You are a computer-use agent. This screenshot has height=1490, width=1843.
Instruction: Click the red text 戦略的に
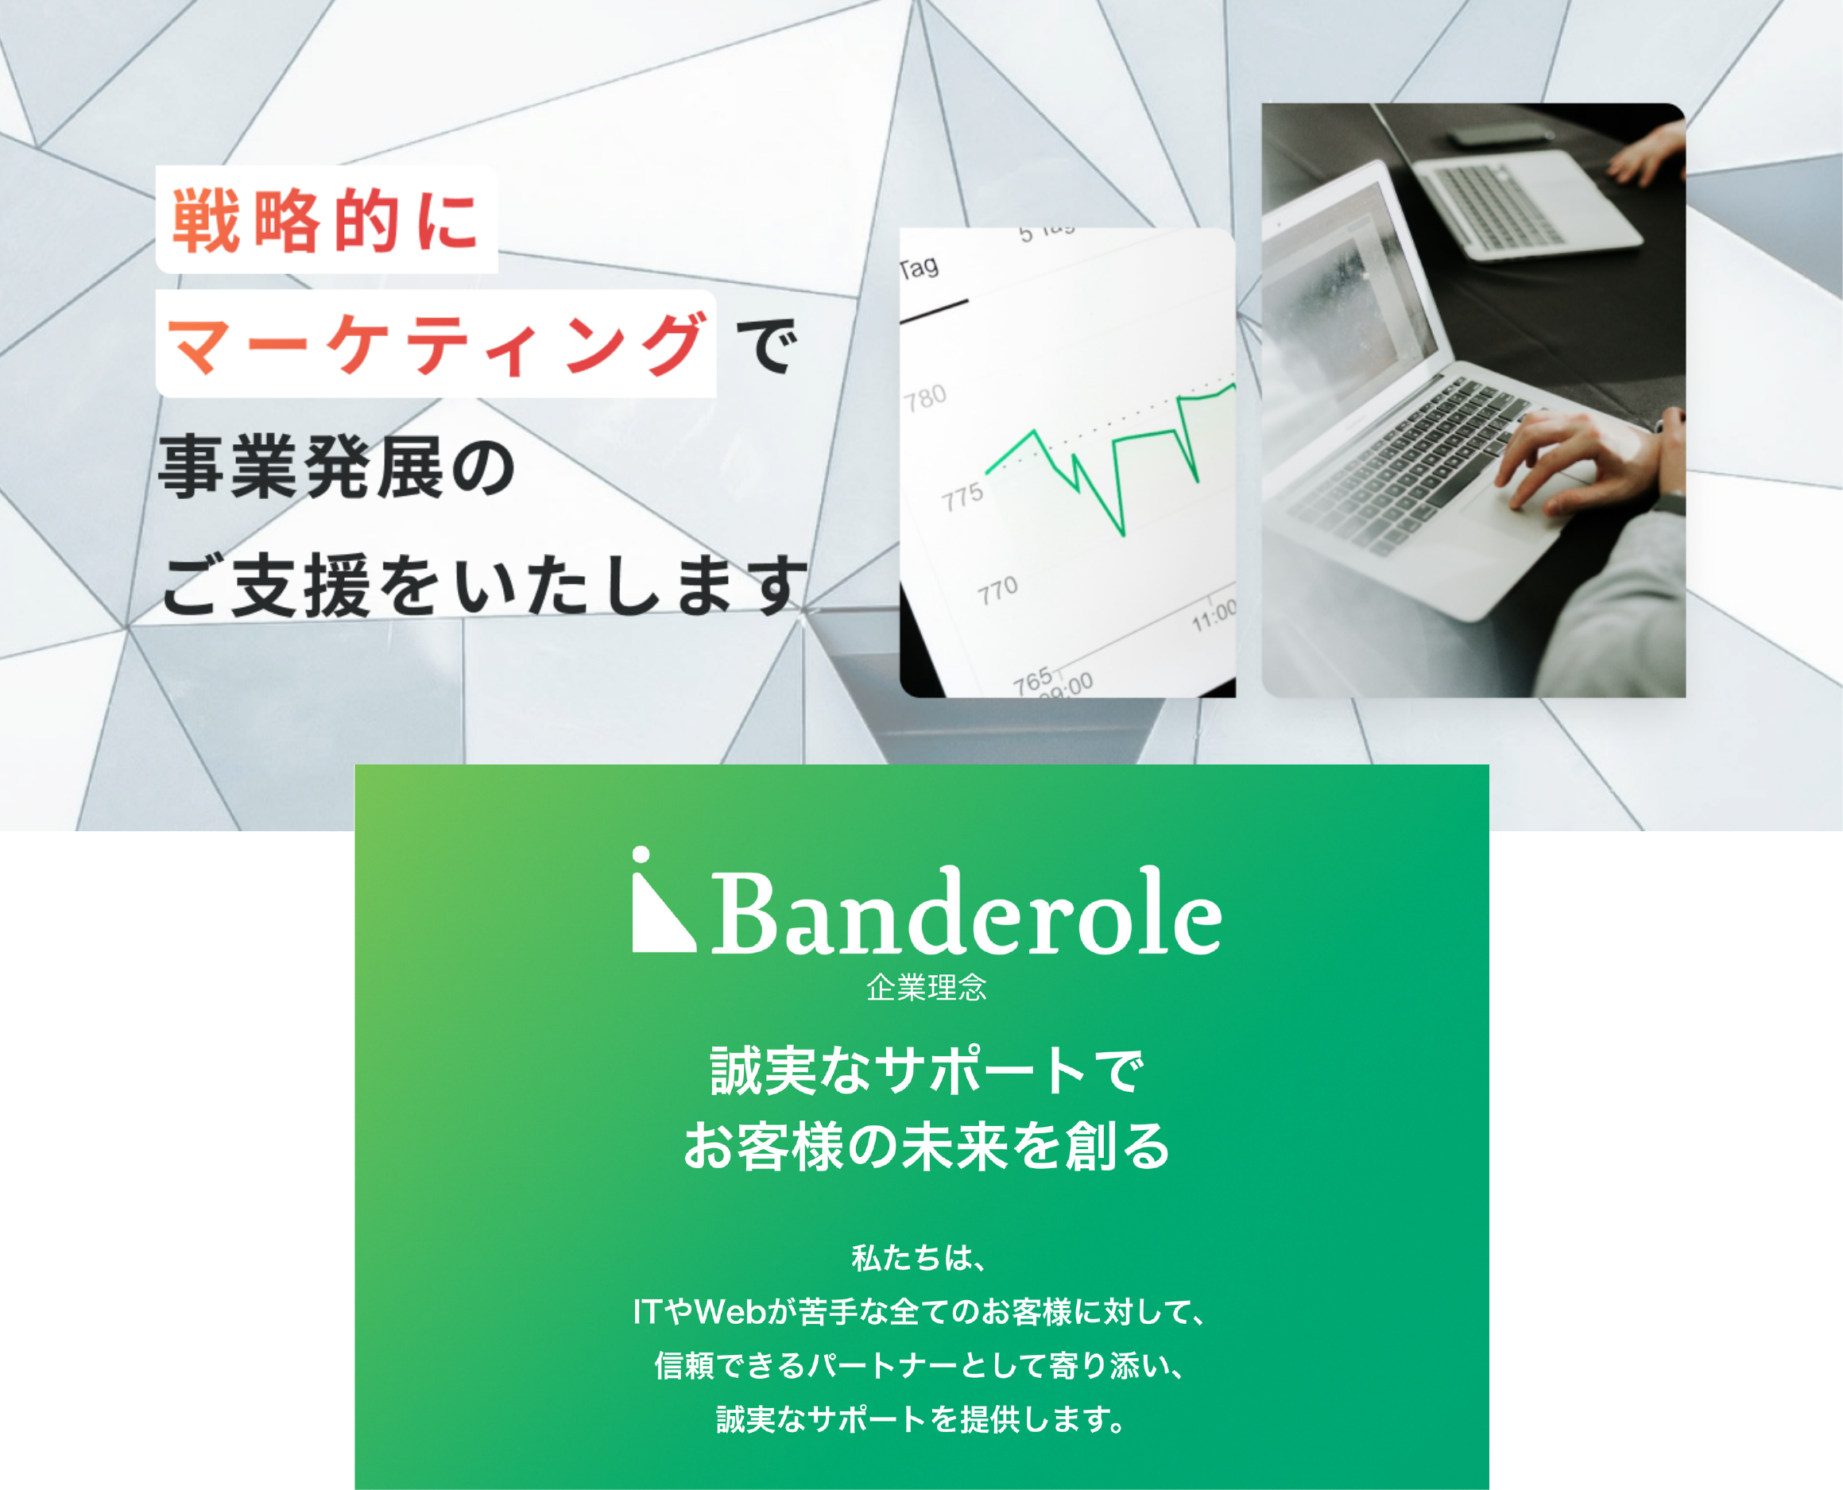pos(324,221)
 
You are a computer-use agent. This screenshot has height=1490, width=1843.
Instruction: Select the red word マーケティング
pos(436,344)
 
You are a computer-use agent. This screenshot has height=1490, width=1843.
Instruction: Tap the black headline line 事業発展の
pos(336,467)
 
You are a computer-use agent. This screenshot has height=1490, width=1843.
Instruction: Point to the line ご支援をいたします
pos(483,586)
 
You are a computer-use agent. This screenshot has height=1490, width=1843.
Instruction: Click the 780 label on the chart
pos(924,398)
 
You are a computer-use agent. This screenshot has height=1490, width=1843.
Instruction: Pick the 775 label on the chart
pos(962,496)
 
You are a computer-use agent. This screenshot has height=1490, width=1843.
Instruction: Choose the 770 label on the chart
pos(997,590)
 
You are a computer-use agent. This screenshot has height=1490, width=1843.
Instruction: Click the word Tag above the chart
pos(919,269)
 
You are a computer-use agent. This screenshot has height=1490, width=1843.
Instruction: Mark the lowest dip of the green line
pos(1123,535)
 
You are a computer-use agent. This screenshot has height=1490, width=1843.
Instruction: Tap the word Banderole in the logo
pos(966,911)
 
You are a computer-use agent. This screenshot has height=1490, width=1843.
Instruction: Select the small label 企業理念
pos(926,988)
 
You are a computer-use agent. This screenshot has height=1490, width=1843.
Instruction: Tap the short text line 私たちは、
pos(920,1258)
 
